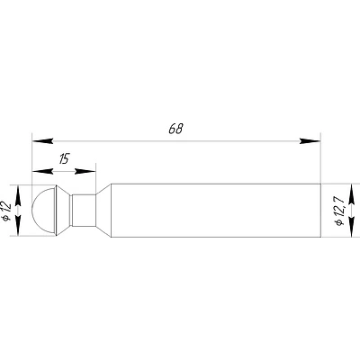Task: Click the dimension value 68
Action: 175,129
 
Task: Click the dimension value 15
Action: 64,158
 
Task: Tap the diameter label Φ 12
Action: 6,211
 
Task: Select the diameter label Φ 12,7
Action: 339,211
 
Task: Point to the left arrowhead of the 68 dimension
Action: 42,140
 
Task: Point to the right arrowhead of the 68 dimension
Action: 310,140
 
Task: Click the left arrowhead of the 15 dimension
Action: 42,171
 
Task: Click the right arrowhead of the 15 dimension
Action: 85,171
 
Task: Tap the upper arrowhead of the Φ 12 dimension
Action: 18,195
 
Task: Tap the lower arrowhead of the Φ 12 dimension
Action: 18,225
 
